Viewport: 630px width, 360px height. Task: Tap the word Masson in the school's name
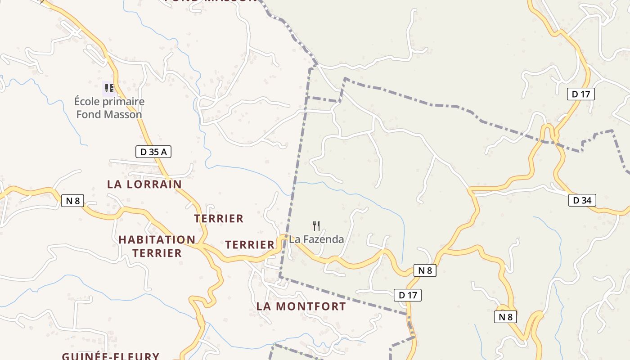click(x=122, y=114)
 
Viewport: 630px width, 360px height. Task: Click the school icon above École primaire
click(x=109, y=88)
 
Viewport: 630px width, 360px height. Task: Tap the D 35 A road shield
click(x=153, y=152)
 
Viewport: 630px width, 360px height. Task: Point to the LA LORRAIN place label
click(x=144, y=184)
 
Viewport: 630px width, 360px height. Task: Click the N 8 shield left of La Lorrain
click(x=72, y=201)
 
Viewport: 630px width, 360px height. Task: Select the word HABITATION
click(x=157, y=239)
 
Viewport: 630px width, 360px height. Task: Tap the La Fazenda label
click(x=316, y=239)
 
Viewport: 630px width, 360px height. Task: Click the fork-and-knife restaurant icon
click(x=316, y=225)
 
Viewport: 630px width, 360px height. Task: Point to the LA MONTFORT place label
click(x=301, y=306)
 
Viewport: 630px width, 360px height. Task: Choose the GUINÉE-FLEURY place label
click(x=111, y=356)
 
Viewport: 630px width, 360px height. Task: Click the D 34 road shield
click(x=582, y=200)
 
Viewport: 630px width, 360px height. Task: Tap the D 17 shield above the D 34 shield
click(x=580, y=94)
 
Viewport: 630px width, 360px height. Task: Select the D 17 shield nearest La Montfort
click(x=408, y=295)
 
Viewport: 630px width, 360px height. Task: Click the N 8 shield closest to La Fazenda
click(x=425, y=270)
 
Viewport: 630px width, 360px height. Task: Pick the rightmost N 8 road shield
click(x=506, y=317)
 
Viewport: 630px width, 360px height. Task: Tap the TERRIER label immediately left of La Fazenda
click(x=250, y=245)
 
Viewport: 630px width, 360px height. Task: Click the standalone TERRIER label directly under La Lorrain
click(x=219, y=219)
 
